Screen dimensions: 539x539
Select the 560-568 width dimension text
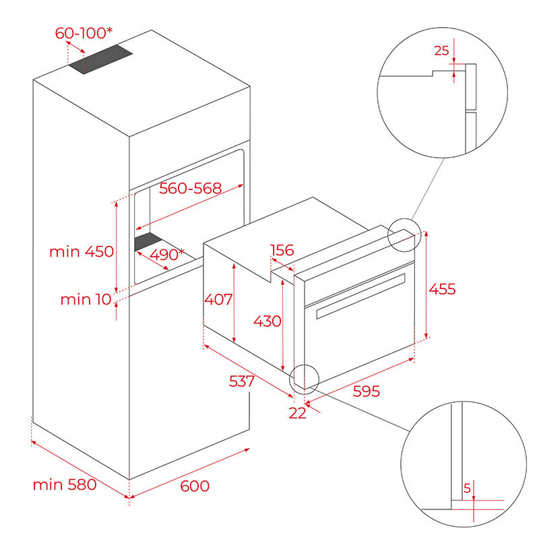click(x=190, y=189)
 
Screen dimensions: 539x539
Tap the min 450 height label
click(x=82, y=252)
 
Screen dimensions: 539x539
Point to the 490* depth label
click(x=167, y=254)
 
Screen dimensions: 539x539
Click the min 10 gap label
click(x=85, y=299)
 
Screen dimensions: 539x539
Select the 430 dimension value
click(x=267, y=321)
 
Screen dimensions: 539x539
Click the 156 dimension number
click(x=282, y=251)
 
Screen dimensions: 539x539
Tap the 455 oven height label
click(x=442, y=289)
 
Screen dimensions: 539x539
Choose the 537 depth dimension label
click(x=241, y=381)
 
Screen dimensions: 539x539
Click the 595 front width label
click(x=366, y=391)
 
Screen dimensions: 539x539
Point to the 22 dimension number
click(x=297, y=413)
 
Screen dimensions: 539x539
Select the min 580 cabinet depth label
click(x=65, y=484)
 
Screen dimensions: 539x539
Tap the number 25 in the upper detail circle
click(x=441, y=50)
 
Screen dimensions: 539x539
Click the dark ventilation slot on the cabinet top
click(x=100, y=60)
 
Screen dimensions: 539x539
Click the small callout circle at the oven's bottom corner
click(x=304, y=378)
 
